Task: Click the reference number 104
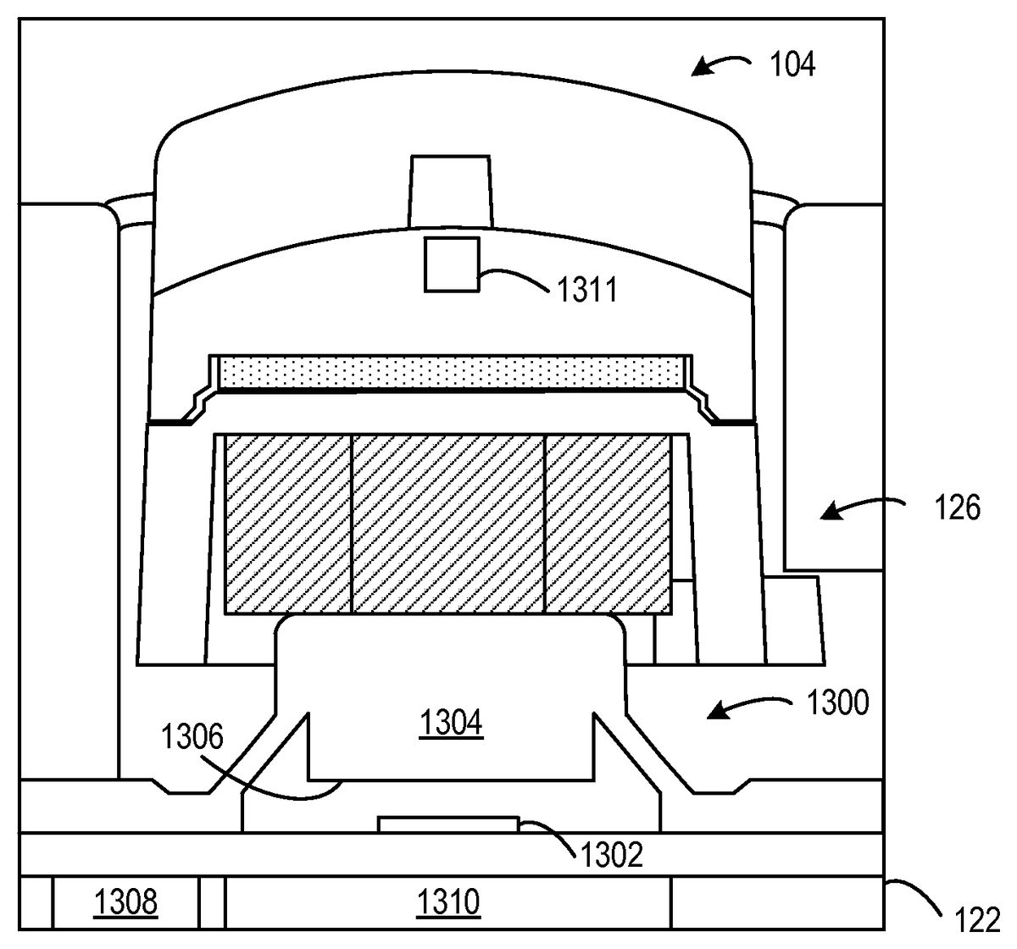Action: click(792, 65)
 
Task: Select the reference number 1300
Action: click(837, 702)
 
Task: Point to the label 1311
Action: click(587, 290)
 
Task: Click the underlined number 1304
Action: click(451, 724)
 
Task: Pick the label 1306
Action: click(192, 737)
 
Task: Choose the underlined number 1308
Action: click(125, 903)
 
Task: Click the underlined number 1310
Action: click(448, 903)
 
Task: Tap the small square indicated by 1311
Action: click(452, 265)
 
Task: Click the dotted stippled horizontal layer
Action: click(450, 372)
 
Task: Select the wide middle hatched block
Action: click(447, 524)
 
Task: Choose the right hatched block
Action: click(608, 524)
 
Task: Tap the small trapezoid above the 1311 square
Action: click(450, 191)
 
